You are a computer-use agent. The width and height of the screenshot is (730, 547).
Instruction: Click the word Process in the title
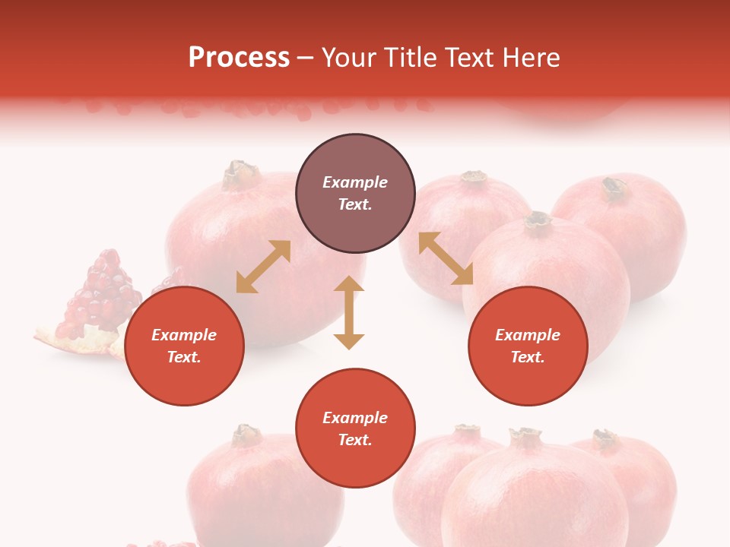(x=239, y=58)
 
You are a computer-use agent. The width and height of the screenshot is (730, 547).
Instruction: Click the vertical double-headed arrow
(x=349, y=312)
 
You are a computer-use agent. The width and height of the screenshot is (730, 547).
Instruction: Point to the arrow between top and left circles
(x=263, y=267)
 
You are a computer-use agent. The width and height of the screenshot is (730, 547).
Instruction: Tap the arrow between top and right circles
(x=446, y=258)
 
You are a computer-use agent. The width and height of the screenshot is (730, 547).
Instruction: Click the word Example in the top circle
(x=355, y=182)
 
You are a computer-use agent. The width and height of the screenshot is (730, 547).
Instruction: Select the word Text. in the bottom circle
(x=355, y=440)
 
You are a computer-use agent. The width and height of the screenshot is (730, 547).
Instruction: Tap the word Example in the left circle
(x=184, y=335)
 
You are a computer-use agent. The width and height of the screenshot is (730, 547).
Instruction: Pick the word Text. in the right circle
(x=528, y=357)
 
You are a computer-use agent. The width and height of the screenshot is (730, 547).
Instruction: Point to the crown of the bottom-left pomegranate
(x=246, y=435)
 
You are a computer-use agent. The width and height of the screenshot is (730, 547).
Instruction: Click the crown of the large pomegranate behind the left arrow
(x=241, y=174)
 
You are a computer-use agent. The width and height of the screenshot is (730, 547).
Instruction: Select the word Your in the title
(x=349, y=58)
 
